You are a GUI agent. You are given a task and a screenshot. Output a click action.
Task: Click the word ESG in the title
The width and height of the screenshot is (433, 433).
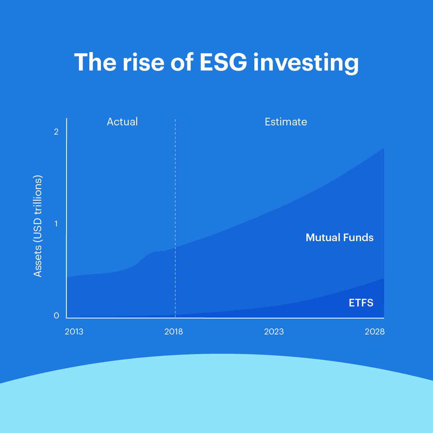[x=223, y=62]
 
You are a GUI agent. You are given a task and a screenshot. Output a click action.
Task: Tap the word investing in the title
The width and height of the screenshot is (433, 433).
[x=306, y=64]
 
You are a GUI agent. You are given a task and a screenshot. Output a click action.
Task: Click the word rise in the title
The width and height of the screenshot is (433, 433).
[x=143, y=62]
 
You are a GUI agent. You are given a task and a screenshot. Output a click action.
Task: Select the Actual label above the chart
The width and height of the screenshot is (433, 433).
[x=122, y=122]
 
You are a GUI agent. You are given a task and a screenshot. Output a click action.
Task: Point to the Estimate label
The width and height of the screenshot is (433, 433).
[x=286, y=122]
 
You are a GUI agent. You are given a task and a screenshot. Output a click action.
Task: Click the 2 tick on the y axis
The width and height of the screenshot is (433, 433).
[x=56, y=132]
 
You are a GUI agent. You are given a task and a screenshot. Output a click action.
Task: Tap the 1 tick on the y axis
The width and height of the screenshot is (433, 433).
[x=56, y=224]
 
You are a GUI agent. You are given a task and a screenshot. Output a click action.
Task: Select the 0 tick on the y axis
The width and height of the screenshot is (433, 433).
[x=56, y=315]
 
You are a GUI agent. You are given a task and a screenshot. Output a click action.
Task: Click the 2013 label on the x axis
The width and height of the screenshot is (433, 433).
[x=74, y=331]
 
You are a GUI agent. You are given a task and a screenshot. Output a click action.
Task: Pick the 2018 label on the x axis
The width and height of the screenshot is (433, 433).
[x=174, y=331]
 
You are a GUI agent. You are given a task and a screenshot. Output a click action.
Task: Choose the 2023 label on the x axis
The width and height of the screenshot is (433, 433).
[x=274, y=331]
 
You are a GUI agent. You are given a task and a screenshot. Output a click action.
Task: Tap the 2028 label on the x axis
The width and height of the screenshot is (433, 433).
[x=375, y=331]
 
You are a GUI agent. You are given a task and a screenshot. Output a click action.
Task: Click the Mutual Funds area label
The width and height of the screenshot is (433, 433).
[x=340, y=238]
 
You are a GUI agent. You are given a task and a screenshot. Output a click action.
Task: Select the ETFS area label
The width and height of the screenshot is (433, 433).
[x=361, y=303]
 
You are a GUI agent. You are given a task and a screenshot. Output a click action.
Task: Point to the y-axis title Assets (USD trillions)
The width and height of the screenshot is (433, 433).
[x=38, y=226]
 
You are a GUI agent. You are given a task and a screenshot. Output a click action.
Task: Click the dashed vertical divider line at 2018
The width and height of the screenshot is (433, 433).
[x=175, y=218]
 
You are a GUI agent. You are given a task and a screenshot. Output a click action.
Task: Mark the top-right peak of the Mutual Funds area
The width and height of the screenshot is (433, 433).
[x=384, y=148]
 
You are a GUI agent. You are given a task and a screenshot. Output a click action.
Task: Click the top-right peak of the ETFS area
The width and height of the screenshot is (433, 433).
[x=384, y=279]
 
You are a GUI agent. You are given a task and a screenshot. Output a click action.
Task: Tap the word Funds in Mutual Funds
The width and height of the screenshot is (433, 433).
[x=358, y=238]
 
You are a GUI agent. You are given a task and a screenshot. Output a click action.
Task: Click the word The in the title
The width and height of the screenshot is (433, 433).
[x=95, y=62]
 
